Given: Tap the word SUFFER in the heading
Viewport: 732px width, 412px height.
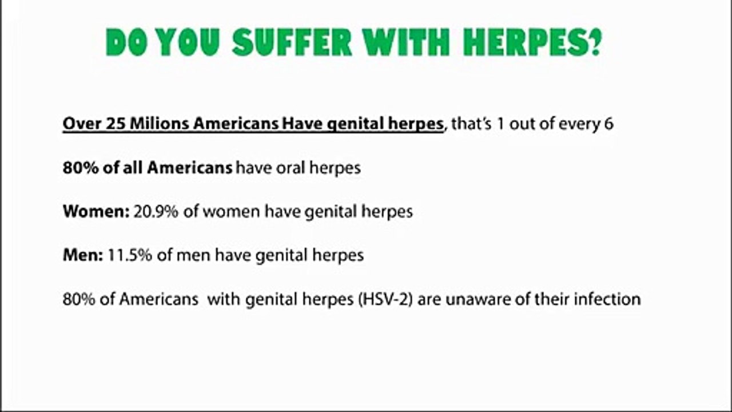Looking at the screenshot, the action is [x=292, y=42].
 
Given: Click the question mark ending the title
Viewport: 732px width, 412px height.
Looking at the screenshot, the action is [x=596, y=42].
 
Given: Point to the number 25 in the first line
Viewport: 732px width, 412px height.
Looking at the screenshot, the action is [x=116, y=124].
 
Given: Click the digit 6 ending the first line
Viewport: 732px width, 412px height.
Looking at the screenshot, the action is [x=609, y=124].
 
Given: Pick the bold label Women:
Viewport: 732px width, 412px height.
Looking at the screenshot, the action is [x=97, y=211].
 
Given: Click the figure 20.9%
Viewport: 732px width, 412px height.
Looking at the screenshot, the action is [x=156, y=211].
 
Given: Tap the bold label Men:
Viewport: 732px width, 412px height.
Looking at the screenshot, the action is [x=83, y=255].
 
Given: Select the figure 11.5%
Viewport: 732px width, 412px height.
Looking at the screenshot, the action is [x=130, y=255].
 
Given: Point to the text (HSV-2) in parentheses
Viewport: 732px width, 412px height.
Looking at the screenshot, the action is [x=385, y=299].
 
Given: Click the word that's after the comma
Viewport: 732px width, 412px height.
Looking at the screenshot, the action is [x=471, y=124].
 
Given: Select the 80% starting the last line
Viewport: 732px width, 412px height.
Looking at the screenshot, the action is [x=78, y=299].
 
